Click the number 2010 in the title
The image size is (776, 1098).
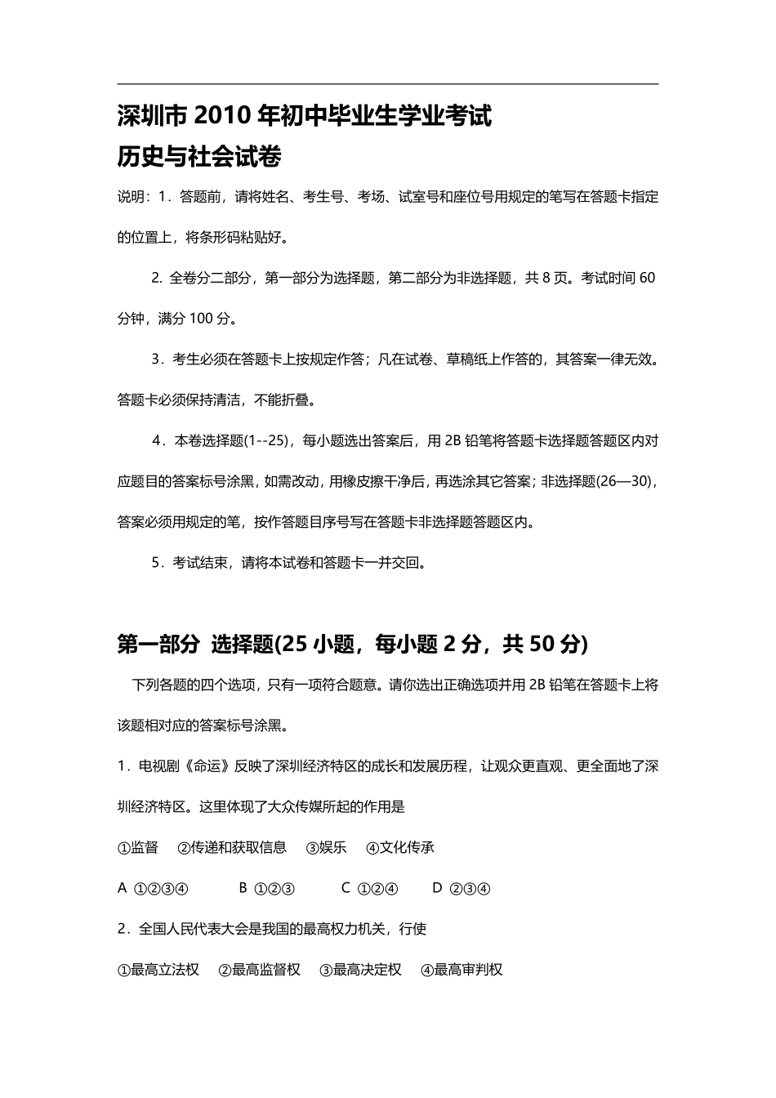(x=224, y=117)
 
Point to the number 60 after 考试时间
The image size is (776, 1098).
(x=647, y=278)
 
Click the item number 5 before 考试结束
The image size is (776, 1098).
(x=155, y=563)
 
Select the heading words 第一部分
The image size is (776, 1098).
(x=158, y=645)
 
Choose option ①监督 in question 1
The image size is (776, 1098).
(x=138, y=847)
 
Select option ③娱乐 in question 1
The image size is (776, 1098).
(x=326, y=847)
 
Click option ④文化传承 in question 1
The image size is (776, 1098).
(x=400, y=847)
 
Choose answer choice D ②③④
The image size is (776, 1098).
(x=462, y=888)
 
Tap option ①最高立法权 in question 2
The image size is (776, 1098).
(x=158, y=970)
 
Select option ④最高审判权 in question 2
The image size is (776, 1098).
(x=462, y=970)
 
